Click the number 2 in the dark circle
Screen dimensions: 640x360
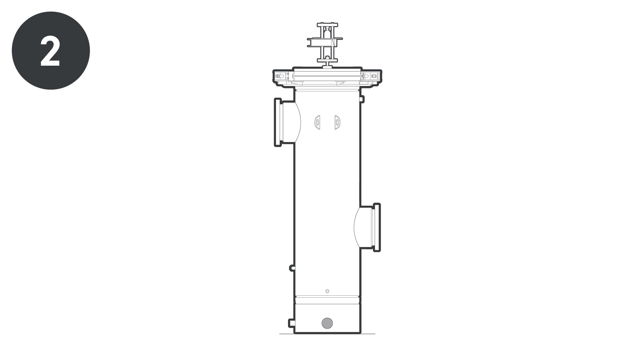[50, 51]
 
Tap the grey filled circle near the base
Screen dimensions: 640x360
[327, 323]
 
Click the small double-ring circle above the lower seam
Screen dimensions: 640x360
[327, 291]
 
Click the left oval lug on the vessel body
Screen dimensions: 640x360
[317, 122]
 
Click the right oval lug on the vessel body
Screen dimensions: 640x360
[338, 122]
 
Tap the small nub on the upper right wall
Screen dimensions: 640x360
[362, 99]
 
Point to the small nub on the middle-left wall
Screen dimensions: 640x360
[292, 268]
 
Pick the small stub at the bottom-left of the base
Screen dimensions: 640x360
[291, 323]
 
